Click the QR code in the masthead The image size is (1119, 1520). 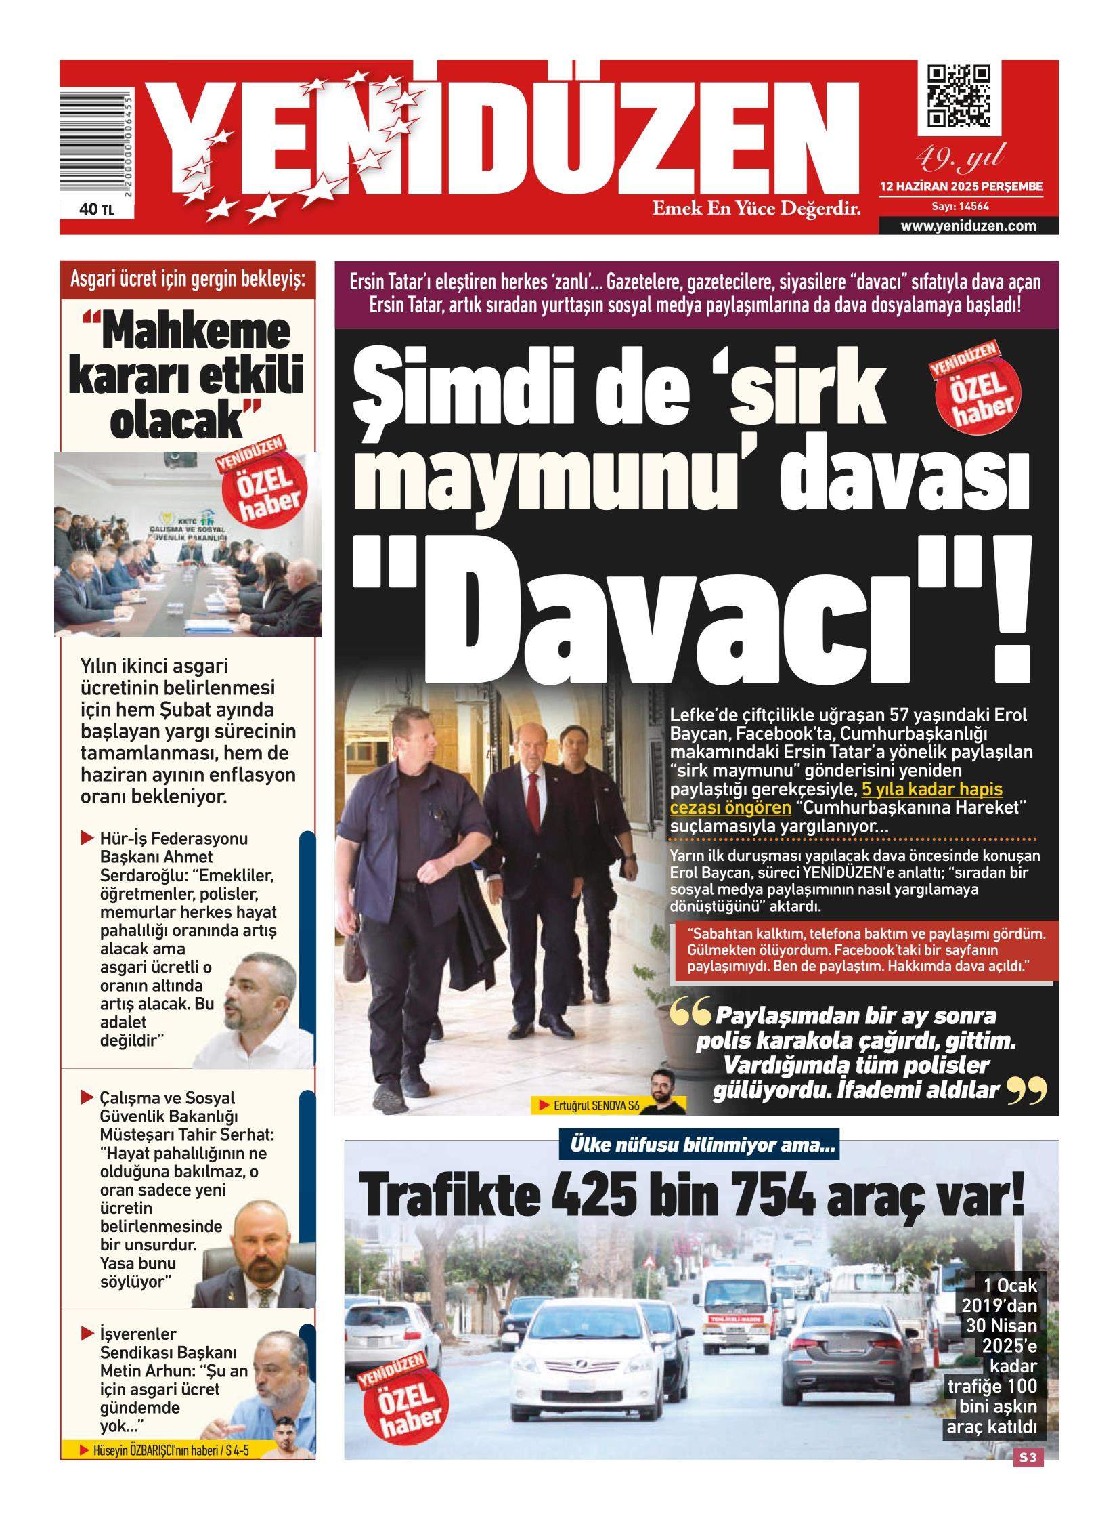959,96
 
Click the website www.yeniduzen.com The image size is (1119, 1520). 968,226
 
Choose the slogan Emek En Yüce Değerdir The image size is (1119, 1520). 756,209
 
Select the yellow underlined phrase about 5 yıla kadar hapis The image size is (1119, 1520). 836,799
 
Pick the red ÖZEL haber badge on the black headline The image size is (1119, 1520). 976,391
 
